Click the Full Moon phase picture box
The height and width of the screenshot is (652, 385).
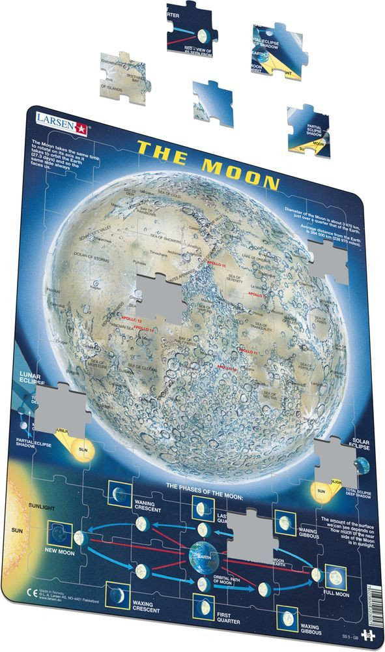coord(335,576)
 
